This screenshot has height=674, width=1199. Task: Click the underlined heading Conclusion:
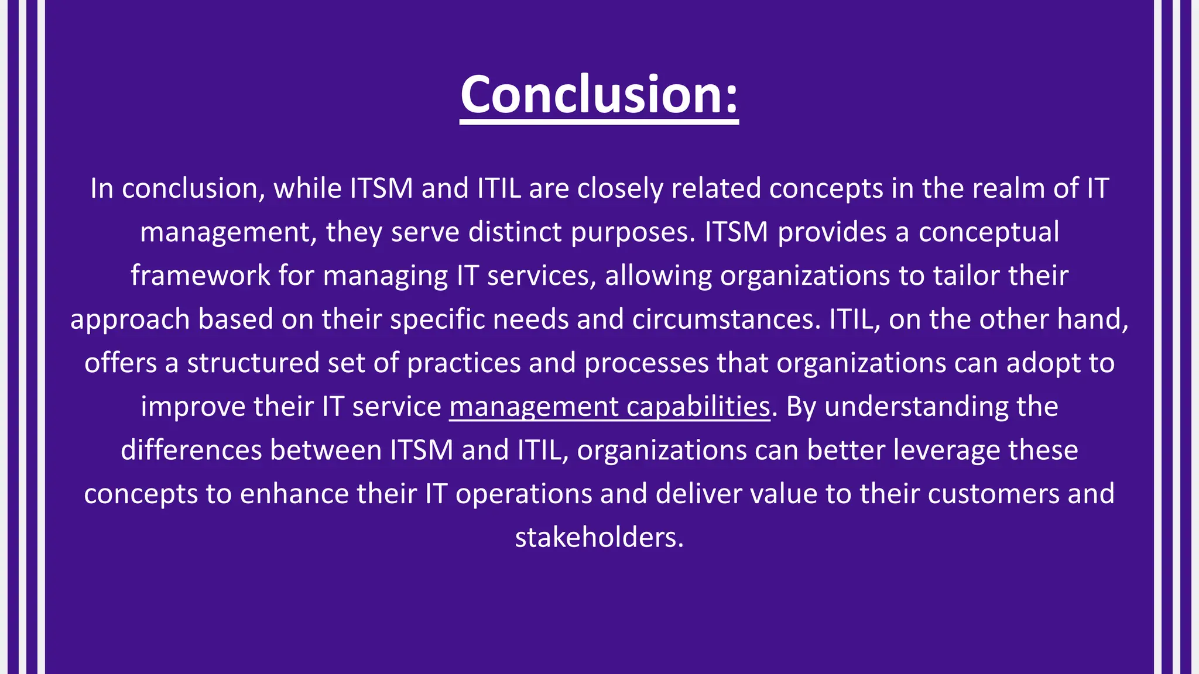click(599, 95)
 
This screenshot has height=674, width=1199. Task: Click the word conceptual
click(988, 232)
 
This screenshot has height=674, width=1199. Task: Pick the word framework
click(200, 276)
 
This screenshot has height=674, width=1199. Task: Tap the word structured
click(253, 363)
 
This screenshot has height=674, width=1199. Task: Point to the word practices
click(464, 363)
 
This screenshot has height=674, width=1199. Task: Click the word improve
click(193, 407)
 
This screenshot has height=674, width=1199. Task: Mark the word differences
click(191, 450)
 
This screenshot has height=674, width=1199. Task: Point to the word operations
click(523, 494)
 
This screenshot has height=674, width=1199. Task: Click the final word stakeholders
click(598, 537)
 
